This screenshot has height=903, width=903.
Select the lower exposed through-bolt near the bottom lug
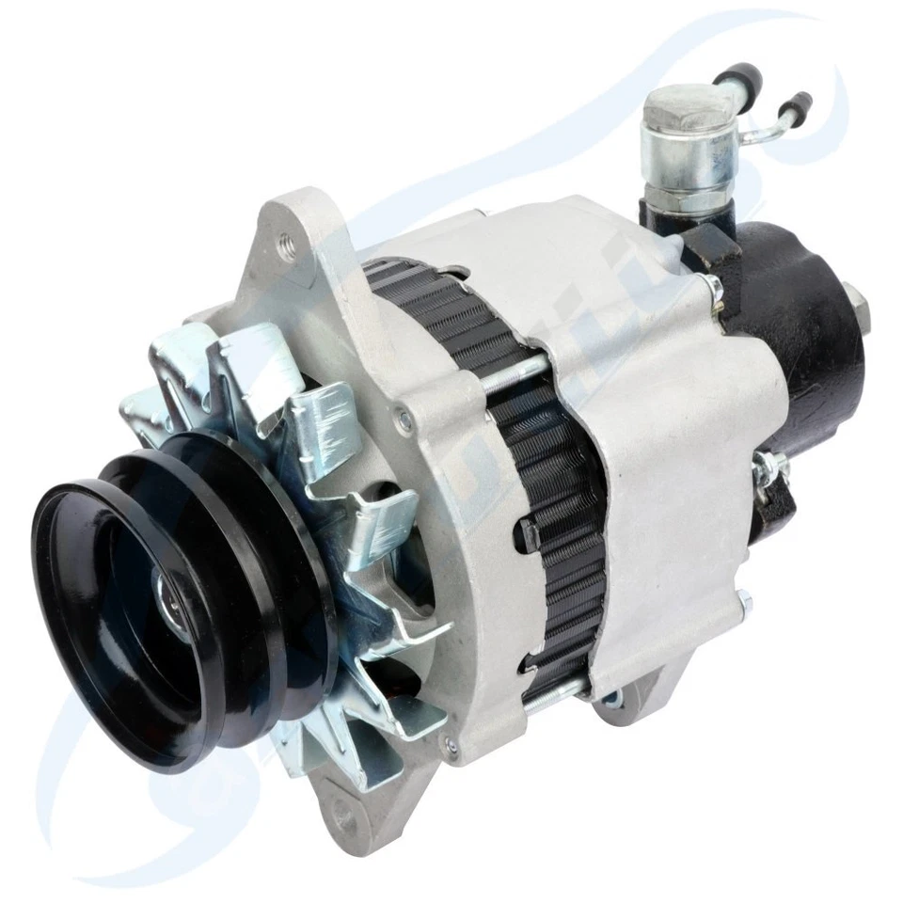click(x=555, y=693)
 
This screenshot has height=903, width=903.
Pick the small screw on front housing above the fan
click(x=405, y=420)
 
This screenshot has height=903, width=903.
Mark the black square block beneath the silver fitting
click(x=713, y=246)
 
